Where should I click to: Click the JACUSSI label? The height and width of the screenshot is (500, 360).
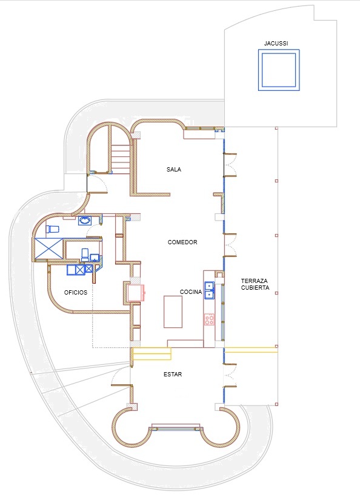click(276, 44)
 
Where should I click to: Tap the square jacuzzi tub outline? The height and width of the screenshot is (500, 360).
click(279, 50)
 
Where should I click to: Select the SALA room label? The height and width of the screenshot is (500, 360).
click(174, 169)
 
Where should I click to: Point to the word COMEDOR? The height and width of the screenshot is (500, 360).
click(182, 242)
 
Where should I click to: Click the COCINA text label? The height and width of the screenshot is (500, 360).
click(191, 292)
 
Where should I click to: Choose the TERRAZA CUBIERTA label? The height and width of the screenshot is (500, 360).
click(255, 284)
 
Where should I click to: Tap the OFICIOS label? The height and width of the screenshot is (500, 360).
click(76, 292)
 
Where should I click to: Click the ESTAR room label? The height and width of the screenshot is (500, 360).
click(173, 375)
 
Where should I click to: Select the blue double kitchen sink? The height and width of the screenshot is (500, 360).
click(210, 290)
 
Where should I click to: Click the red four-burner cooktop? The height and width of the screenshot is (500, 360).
click(209, 319)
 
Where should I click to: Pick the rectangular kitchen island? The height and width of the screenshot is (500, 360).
click(173, 312)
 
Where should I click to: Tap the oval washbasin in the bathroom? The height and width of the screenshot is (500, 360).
click(85, 221)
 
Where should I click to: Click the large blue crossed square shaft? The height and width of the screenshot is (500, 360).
click(48, 248)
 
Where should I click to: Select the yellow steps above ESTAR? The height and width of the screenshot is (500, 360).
click(152, 354)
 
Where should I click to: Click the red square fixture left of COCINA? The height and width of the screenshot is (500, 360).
click(136, 293)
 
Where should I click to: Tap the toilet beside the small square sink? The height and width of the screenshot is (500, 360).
click(85, 255)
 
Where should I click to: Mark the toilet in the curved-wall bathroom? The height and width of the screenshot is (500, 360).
click(53, 229)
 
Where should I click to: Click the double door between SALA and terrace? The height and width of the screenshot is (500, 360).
click(230, 165)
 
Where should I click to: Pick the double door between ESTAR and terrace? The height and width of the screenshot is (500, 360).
click(230, 375)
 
